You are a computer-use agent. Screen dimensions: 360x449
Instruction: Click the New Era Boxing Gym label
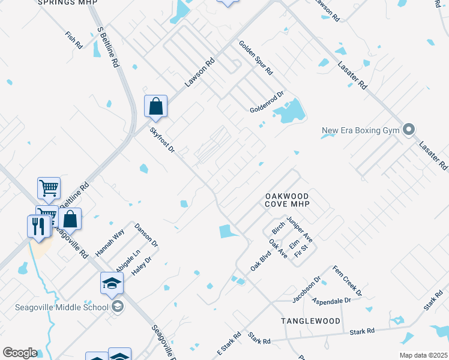(360, 130)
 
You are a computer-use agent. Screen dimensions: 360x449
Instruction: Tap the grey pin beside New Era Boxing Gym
(409, 130)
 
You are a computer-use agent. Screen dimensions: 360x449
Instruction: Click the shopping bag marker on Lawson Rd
(155, 107)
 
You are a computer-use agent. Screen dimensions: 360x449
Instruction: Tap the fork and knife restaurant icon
(38, 226)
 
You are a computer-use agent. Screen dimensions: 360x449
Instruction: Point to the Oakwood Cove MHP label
(288, 200)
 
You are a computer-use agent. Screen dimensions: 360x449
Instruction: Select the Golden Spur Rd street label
(256, 58)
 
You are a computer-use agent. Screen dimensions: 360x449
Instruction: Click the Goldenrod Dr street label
(267, 101)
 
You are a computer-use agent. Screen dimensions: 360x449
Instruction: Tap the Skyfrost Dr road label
(163, 140)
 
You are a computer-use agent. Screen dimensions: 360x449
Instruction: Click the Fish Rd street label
(74, 40)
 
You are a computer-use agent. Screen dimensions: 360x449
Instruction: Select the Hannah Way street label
(110, 243)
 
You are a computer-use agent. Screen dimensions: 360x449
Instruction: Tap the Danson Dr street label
(146, 236)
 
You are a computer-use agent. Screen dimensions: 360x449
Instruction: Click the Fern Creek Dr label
(347, 281)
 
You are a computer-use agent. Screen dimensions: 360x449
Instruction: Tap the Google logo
(20, 353)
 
